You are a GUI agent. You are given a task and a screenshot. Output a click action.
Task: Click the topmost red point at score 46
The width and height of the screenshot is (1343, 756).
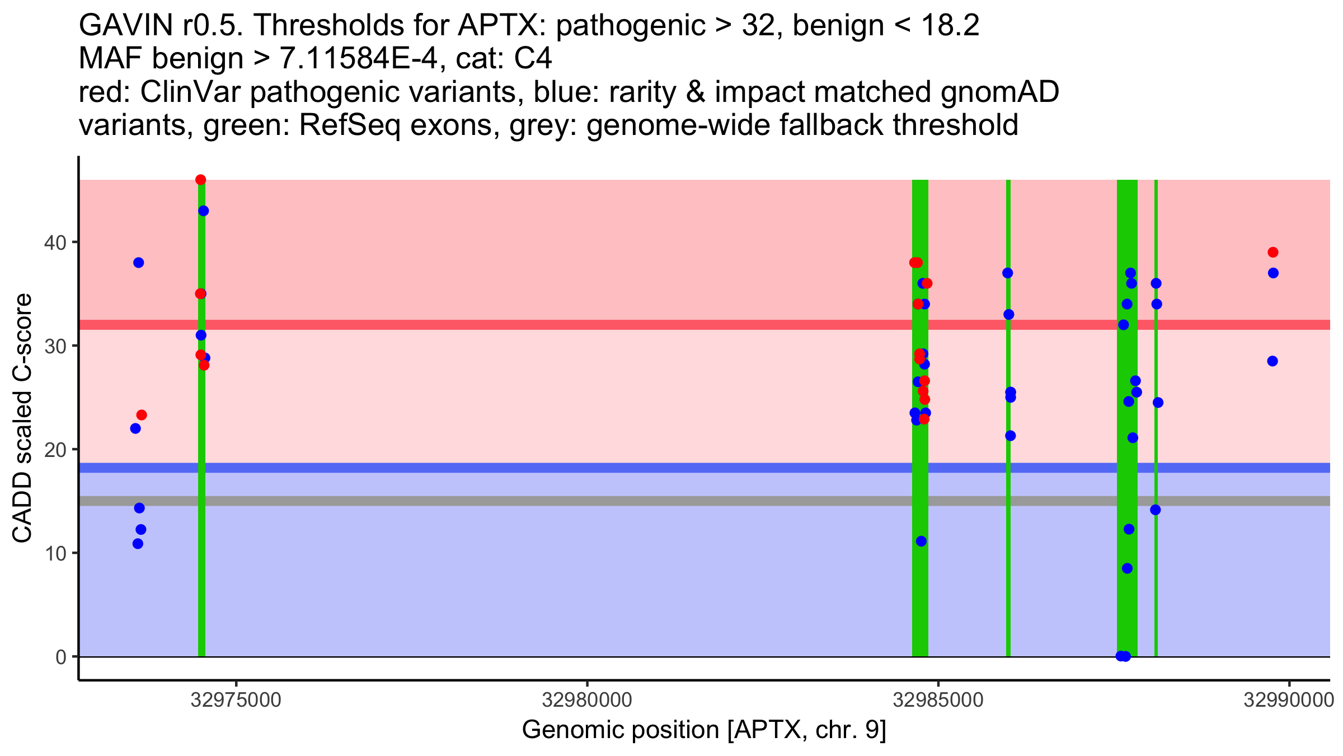pyautogui.click(x=201, y=180)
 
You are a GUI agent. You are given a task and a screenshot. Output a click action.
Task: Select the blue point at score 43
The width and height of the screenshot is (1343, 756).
pyautogui.click(x=204, y=211)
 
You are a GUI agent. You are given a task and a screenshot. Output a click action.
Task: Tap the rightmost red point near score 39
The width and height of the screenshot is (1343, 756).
pyautogui.click(x=1273, y=253)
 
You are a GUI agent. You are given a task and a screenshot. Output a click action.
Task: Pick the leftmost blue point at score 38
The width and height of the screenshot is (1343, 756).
pyautogui.click(x=139, y=263)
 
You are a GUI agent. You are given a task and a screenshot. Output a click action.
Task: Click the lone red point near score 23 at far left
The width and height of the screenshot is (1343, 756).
pyautogui.click(x=142, y=415)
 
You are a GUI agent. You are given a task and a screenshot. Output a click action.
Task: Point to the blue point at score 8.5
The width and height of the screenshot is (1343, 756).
pyautogui.click(x=1128, y=568)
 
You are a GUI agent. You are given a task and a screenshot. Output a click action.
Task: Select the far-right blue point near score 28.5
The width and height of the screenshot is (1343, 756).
pyautogui.click(x=1272, y=361)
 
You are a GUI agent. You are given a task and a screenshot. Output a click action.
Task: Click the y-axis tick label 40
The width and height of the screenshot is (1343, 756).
pyautogui.click(x=55, y=242)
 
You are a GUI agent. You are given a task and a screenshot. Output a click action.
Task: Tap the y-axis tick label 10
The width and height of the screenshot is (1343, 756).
pyautogui.click(x=55, y=553)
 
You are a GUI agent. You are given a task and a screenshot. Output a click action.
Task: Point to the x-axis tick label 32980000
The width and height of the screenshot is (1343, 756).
pyautogui.click(x=588, y=700)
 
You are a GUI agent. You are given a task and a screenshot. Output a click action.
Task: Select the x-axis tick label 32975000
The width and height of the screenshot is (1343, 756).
pyautogui.click(x=236, y=700)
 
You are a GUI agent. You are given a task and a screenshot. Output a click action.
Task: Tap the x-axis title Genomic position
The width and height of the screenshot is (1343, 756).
pyautogui.click(x=621, y=730)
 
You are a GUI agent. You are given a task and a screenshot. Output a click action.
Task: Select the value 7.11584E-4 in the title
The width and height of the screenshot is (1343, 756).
pyautogui.click(x=358, y=59)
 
